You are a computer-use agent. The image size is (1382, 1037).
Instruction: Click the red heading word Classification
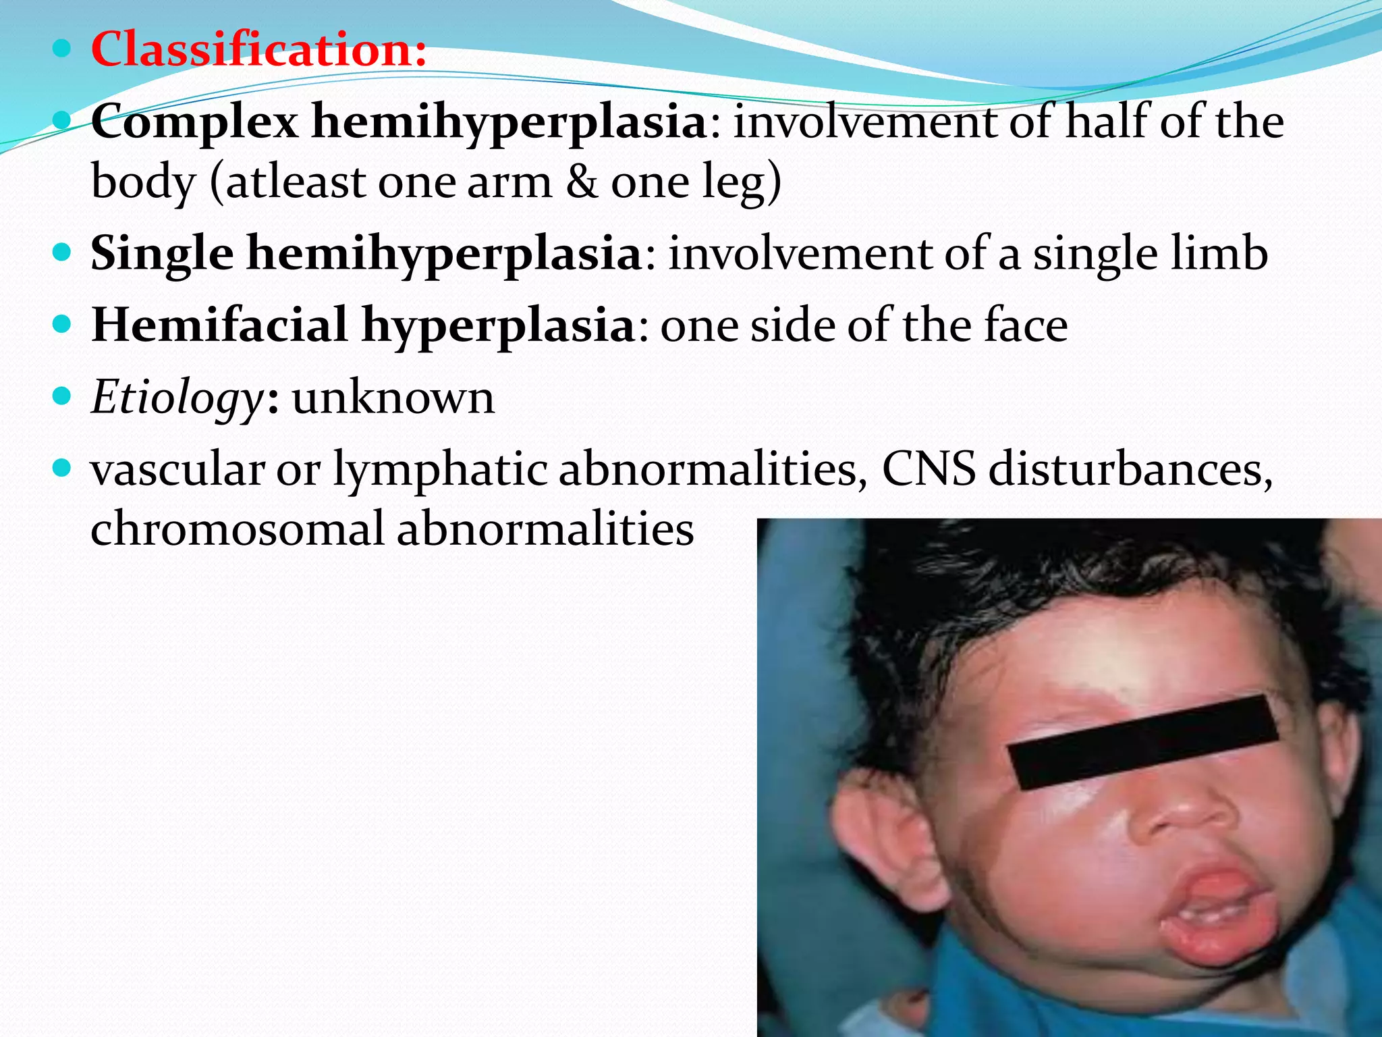coord(258,49)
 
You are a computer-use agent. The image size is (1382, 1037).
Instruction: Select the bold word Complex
coord(194,122)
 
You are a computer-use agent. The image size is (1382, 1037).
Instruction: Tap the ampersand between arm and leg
coord(581,182)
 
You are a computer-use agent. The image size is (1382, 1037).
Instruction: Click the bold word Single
coord(162,254)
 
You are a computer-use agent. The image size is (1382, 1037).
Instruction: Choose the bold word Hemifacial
coord(220,325)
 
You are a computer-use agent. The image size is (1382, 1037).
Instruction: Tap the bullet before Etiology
coord(61,396)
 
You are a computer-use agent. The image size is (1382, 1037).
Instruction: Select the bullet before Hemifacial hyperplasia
coord(61,325)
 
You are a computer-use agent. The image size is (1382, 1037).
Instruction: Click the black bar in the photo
coord(1142,742)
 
